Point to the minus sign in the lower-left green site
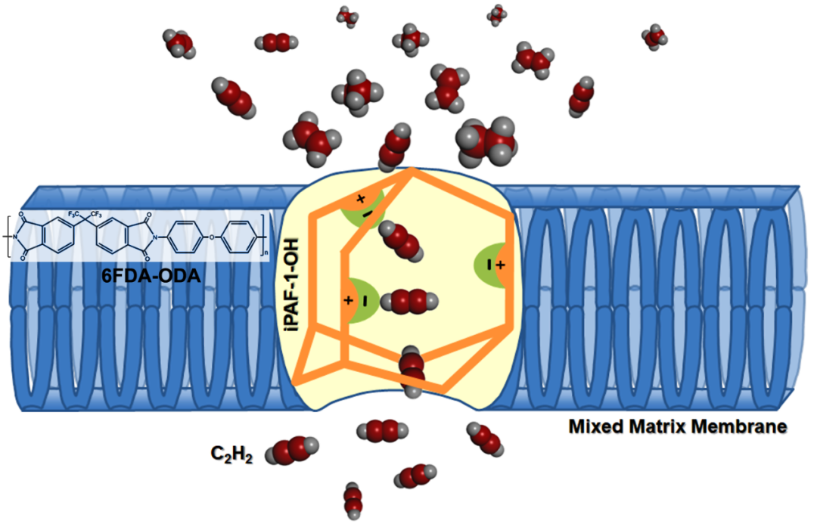pos(365,300)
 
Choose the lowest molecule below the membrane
pos(353,499)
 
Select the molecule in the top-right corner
pos(654,36)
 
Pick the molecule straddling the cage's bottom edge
pos(413,370)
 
